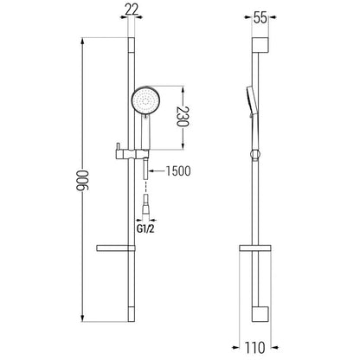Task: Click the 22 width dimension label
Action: (132, 10)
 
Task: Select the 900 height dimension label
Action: (83, 180)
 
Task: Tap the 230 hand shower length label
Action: (183, 117)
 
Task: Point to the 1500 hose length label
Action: (178, 171)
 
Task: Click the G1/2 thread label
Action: (145, 229)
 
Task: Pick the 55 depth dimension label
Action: (260, 18)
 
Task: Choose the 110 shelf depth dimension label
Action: (255, 347)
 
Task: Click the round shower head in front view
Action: (146, 101)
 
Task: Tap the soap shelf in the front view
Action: (116, 248)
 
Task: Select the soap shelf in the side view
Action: (255, 248)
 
